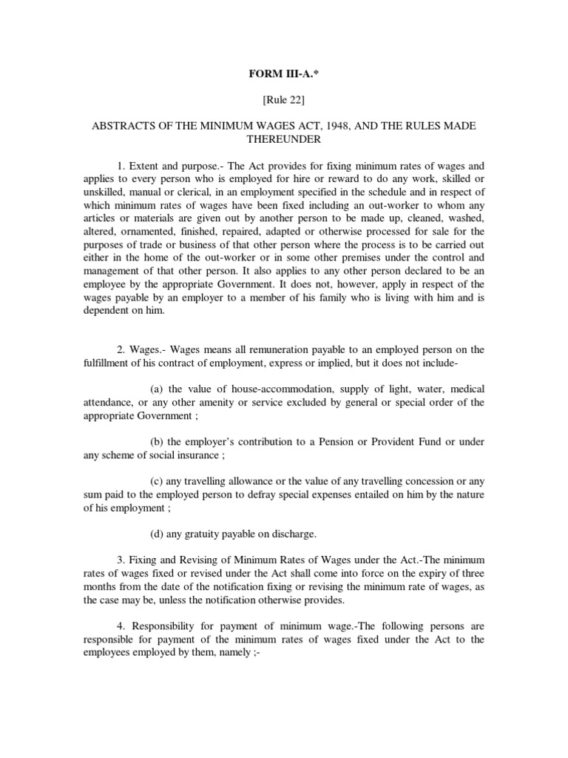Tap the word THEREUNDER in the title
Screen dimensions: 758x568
(283, 140)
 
